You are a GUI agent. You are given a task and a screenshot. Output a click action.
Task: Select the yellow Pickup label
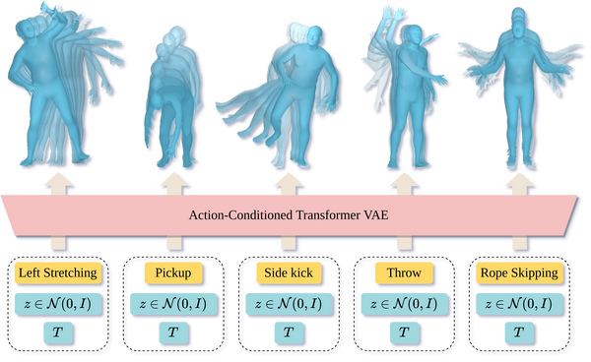point(173,272)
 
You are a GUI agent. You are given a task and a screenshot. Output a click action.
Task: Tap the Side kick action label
point(289,272)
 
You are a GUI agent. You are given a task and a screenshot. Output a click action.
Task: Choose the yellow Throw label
point(404,272)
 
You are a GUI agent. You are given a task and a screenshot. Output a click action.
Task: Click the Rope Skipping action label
point(519,272)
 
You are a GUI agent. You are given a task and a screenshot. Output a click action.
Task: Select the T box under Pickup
point(173,332)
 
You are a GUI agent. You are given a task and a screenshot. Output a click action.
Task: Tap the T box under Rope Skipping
point(519,332)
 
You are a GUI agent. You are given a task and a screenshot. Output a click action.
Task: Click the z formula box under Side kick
point(289,303)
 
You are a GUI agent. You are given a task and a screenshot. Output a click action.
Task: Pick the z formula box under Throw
point(404,303)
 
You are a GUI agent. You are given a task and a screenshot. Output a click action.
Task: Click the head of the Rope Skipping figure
point(520,22)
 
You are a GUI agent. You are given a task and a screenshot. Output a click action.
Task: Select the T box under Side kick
point(289,332)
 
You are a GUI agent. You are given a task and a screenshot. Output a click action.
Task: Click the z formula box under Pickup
point(173,303)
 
